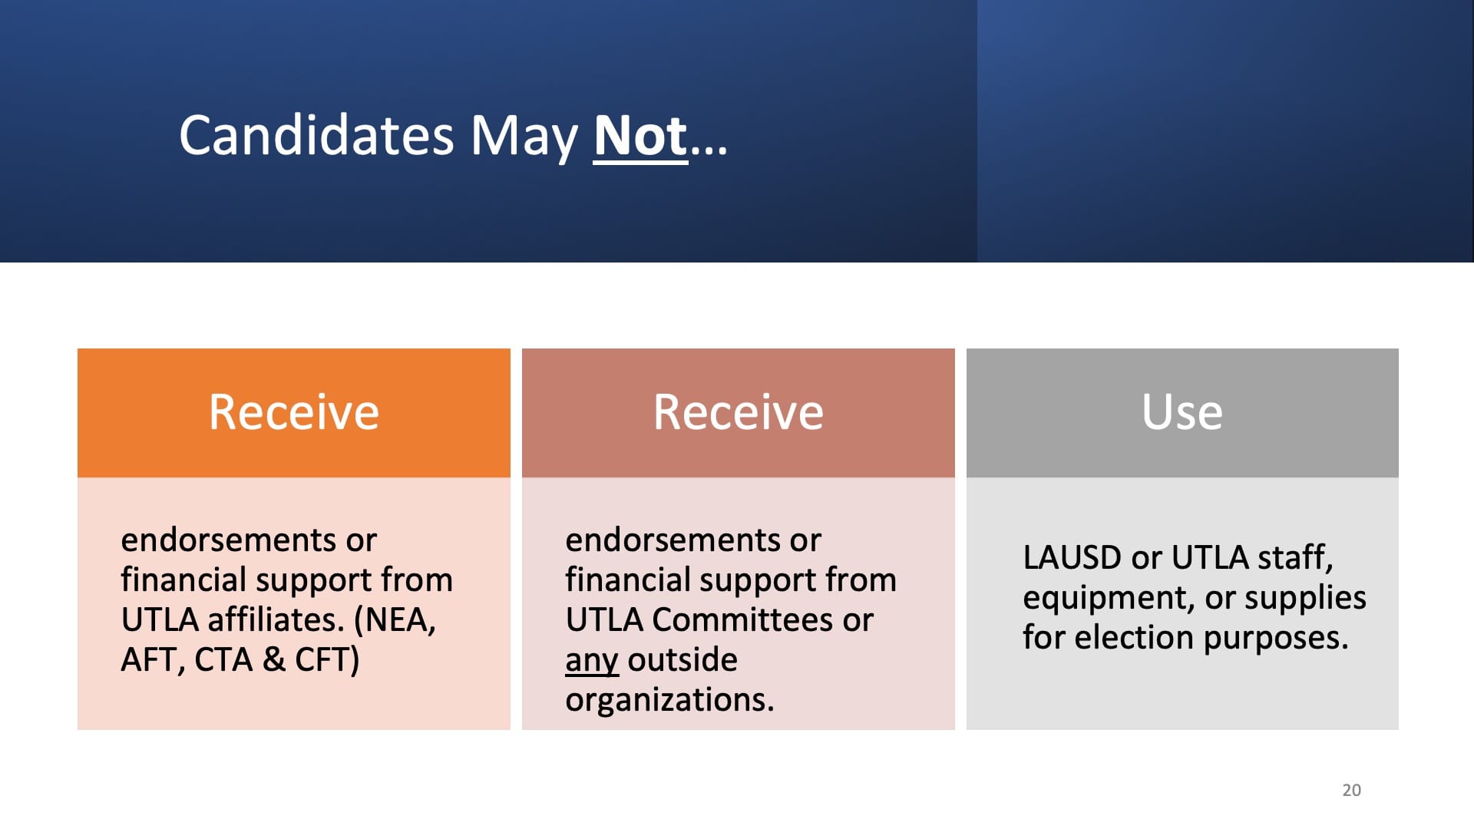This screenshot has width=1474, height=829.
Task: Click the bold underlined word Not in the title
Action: point(640,137)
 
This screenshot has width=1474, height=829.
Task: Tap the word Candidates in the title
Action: point(317,135)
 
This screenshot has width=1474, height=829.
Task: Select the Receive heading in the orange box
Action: point(294,412)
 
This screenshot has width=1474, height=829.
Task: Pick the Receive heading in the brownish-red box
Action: point(739,412)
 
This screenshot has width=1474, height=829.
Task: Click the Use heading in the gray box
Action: point(1182,412)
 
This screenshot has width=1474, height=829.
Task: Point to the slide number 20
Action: point(1352,790)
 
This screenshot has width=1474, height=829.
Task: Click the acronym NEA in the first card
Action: point(395,620)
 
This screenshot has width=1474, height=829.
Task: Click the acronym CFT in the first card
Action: point(327,660)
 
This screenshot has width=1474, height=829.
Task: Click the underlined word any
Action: point(592,662)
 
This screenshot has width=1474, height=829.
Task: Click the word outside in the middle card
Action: point(682,660)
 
